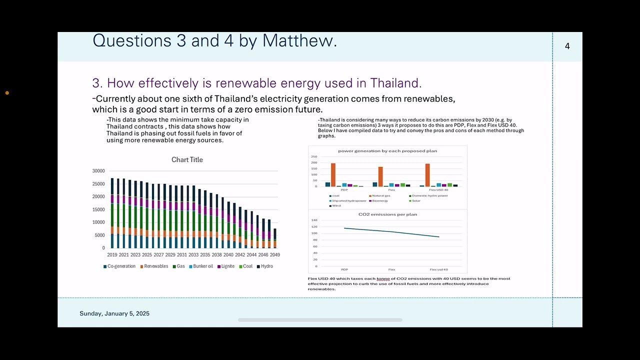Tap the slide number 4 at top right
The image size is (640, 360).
567,46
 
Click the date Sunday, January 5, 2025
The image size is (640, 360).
114,313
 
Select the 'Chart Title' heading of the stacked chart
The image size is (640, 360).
187,159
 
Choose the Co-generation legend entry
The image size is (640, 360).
119,266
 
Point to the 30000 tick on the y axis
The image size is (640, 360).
98,171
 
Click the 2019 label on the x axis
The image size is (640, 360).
112,255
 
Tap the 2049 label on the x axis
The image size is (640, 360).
274,255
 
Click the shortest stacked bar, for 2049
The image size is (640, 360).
274,238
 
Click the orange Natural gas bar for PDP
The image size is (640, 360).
333,175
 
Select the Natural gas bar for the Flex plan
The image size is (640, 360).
380,176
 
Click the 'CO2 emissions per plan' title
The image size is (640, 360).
387,214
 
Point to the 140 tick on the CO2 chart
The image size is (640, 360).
314,220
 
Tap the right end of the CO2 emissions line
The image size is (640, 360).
439,237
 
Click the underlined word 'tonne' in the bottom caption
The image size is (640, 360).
383,278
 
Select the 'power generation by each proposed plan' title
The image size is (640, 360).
387,151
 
